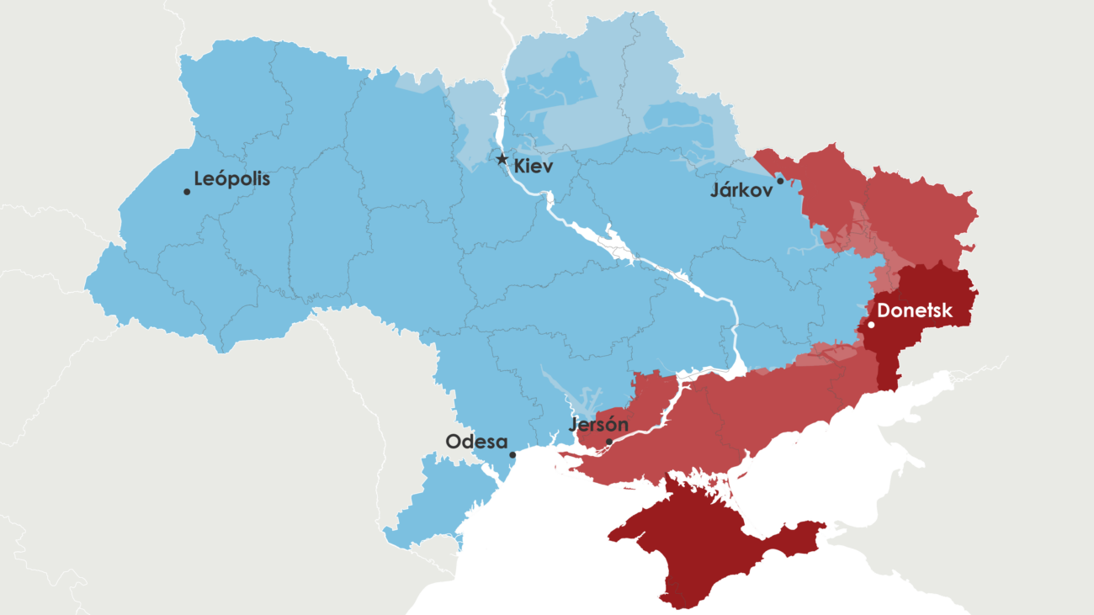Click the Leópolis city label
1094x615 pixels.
[232, 179]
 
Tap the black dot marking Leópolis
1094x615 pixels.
[187, 192]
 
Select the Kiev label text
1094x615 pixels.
[534, 167]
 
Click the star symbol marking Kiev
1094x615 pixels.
[502, 159]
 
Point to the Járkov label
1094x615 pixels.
[741, 191]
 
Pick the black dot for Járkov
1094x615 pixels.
[781, 181]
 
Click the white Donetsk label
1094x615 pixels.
[915, 311]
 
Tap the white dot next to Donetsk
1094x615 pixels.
[871, 325]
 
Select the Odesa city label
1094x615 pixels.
[476, 442]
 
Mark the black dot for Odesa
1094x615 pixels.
[512, 454]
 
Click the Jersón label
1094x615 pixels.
[598, 424]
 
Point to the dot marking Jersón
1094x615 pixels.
[609, 441]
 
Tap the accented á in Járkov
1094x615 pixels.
[726, 190]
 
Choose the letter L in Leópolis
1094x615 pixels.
[199, 179]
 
